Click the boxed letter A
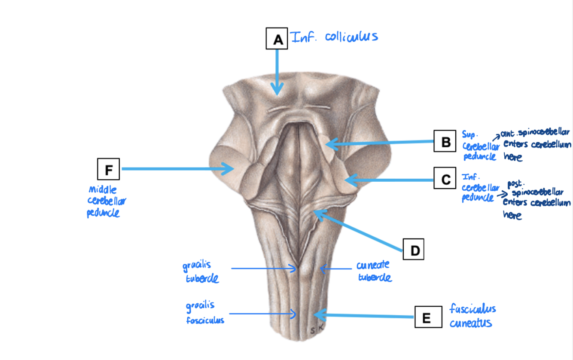tap(278, 40)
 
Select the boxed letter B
tap(446, 141)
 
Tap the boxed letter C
tap(446, 180)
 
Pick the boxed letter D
tap(414, 249)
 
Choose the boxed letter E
tap(426, 317)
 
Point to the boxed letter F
tap(109, 170)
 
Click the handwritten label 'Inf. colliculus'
tap(335, 37)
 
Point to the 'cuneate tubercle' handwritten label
tap(373, 272)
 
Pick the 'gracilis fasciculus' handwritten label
tap(205, 313)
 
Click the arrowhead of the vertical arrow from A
tap(277, 91)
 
